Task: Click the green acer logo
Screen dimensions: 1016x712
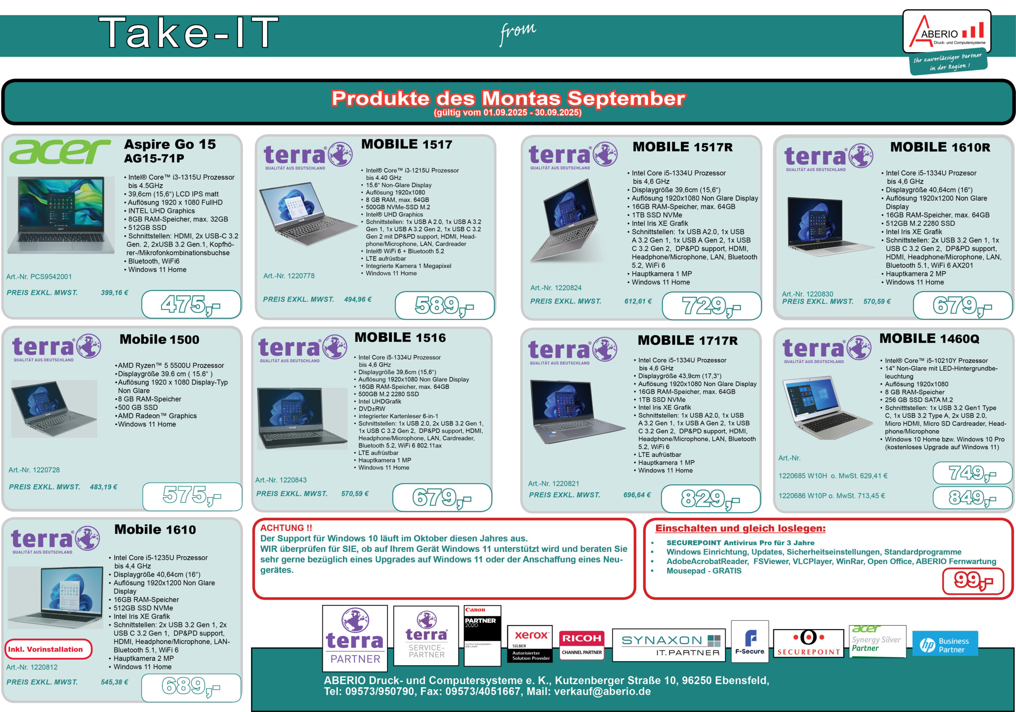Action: (x=60, y=152)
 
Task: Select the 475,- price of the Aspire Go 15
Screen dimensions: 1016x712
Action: (x=191, y=304)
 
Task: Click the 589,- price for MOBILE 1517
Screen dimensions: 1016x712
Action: (x=444, y=305)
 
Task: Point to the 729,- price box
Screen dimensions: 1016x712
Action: (x=712, y=306)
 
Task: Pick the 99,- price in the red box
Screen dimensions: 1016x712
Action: (x=973, y=581)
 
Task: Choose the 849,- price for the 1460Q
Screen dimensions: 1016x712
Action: (x=973, y=498)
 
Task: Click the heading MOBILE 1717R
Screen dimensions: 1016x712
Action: (x=688, y=340)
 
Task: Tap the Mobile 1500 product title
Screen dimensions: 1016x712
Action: (x=159, y=339)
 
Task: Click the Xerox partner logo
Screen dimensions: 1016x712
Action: (x=530, y=644)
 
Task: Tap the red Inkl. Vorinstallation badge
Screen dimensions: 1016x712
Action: (x=48, y=649)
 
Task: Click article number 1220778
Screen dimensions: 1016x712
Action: (x=289, y=276)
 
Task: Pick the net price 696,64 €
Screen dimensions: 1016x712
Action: (x=637, y=495)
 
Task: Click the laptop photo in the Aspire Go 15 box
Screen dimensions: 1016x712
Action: (x=61, y=215)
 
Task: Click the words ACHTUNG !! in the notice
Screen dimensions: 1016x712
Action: (x=286, y=527)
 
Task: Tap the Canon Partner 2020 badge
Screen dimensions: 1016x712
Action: (x=482, y=635)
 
